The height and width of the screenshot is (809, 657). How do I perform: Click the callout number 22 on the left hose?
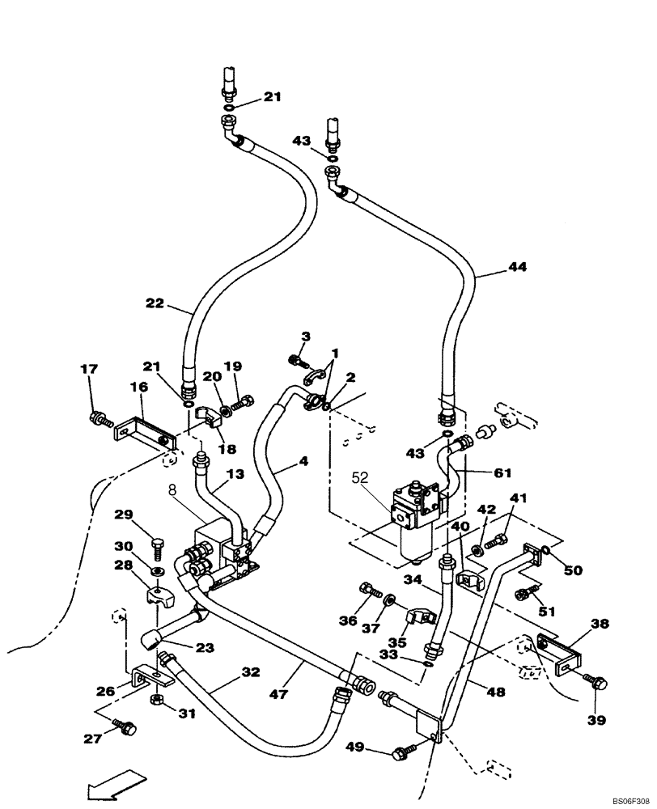point(155,304)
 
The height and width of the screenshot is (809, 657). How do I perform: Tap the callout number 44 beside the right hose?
point(517,266)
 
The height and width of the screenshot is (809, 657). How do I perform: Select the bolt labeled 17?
point(99,418)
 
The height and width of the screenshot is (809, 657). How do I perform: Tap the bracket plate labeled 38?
point(560,654)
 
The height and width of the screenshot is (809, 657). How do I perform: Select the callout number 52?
point(358,479)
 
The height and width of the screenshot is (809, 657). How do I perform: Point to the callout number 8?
point(172,490)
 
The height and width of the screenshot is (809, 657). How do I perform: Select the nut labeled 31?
point(159,699)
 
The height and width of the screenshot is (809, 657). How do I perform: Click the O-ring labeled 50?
point(548,550)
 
